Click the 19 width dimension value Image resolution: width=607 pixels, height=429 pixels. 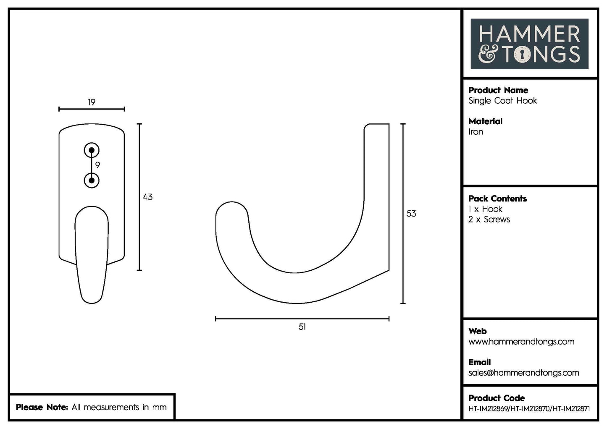(92, 102)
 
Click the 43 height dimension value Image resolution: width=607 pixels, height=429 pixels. (148, 197)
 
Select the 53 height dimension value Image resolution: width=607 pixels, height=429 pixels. (411, 214)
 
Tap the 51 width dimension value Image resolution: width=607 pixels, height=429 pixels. (302, 327)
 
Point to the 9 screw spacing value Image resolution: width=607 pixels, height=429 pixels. (97, 165)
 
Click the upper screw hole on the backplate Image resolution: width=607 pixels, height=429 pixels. (92, 150)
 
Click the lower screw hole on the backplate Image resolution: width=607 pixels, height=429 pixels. (92, 180)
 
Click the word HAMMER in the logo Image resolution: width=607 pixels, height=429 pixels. (529, 34)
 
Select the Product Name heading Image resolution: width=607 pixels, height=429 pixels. (498, 90)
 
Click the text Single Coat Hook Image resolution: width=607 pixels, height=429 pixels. (503, 101)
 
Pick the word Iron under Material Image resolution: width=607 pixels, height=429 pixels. (476, 132)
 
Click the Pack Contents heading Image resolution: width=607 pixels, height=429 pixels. (497, 199)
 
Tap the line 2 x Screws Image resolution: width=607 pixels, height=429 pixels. (489, 220)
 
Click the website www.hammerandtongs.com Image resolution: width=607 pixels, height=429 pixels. (521, 342)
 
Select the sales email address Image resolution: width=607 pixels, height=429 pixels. (523, 373)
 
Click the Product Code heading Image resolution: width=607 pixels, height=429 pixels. (497, 398)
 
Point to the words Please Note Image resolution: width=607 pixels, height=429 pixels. (42, 407)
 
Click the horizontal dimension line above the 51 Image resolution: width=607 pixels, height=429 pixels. (302, 319)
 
